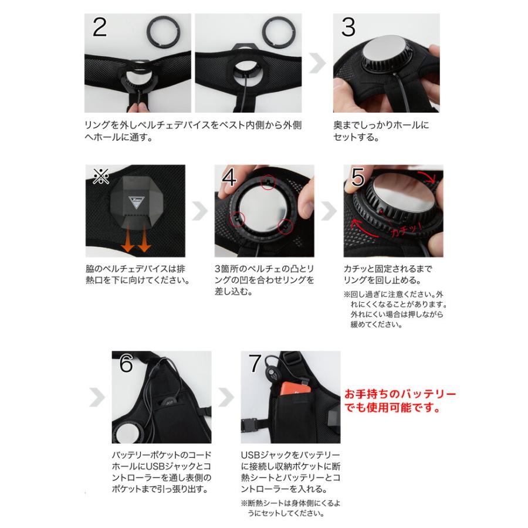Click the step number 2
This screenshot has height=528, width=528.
[100, 27]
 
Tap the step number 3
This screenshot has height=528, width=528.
[348, 27]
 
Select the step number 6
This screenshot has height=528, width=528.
[126, 364]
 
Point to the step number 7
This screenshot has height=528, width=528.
[255, 364]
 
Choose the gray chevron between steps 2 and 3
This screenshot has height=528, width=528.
[317, 63]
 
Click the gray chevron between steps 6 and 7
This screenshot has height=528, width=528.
[226, 397]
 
